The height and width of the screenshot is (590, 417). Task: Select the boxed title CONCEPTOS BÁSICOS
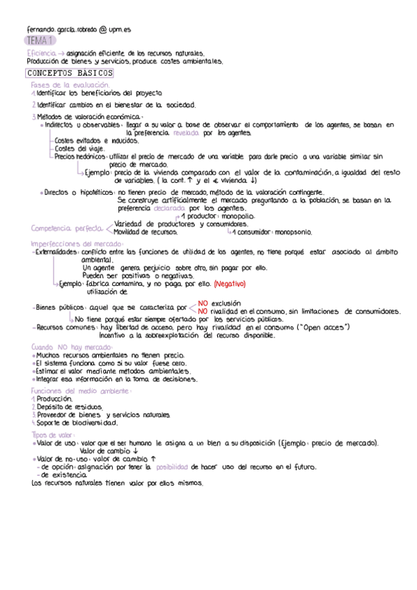[x=69, y=73]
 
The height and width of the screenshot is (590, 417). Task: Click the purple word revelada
[x=191, y=131]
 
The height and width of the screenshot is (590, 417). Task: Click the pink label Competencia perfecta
[x=67, y=228]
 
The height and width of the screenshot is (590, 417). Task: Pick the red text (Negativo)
[x=229, y=283]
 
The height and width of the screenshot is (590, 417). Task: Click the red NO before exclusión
[x=203, y=303]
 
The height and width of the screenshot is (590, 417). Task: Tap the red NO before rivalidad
[x=203, y=311]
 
